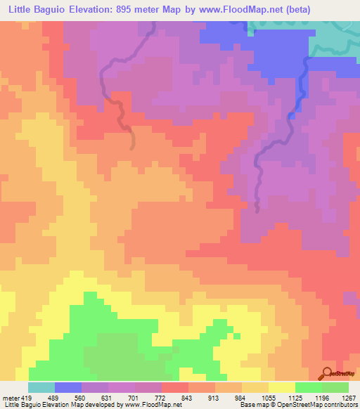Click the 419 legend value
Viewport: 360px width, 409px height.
click(27, 398)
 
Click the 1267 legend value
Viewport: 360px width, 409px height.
click(349, 398)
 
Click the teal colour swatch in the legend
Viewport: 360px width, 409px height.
click(41, 387)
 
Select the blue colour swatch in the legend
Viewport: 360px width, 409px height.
click(68, 387)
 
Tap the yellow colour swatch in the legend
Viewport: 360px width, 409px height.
click(282, 387)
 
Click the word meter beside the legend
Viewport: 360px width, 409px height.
click(9, 398)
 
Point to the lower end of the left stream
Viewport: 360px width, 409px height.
click(133, 147)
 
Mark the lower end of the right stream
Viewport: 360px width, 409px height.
click(257, 209)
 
